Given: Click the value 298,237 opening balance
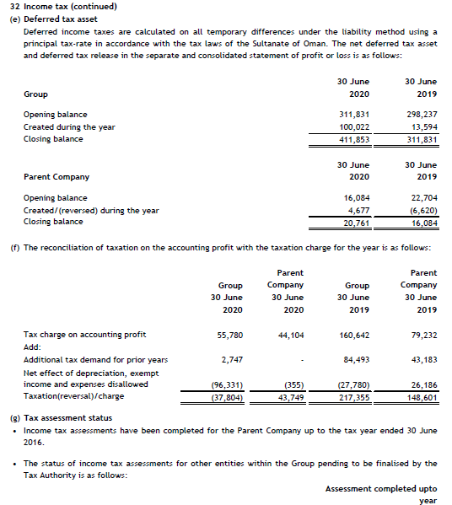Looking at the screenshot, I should click(422, 114).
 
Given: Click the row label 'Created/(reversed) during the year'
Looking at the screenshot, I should click(90, 210).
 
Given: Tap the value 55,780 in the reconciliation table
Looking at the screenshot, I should click(230, 335).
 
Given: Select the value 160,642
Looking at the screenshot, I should click(352, 335).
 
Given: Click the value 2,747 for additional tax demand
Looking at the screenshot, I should click(233, 360).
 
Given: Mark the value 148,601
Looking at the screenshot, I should click(422, 397).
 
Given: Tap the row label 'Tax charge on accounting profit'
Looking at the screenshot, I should click(84, 335).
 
